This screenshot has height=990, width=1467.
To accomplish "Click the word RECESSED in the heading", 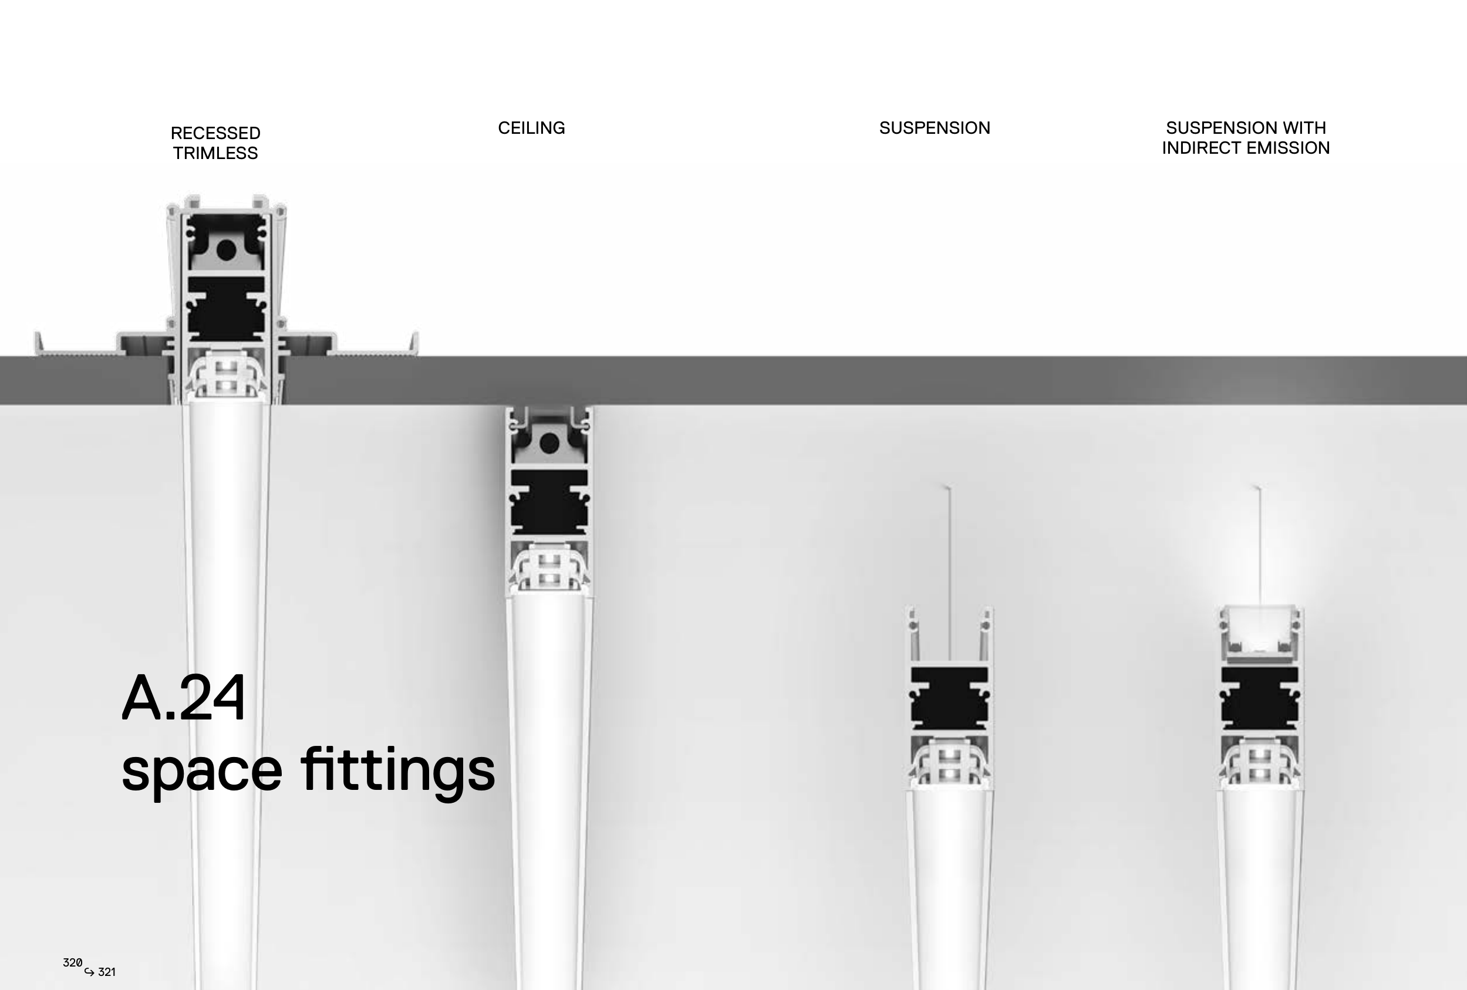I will [x=215, y=133].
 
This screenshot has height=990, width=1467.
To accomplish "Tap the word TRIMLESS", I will [x=215, y=153].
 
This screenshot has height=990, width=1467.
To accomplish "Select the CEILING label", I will [x=531, y=128].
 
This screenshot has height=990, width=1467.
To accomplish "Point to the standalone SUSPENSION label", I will [x=934, y=128].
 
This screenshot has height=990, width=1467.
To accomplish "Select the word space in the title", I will [x=201, y=771].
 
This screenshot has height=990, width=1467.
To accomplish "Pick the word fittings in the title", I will [x=397, y=770].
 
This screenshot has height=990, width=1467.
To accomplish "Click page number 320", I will [x=73, y=962].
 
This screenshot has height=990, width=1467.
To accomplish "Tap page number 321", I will [x=107, y=972].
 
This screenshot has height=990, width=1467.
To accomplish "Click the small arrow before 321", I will [x=89, y=972].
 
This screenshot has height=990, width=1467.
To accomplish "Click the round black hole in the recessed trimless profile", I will [x=226, y=251].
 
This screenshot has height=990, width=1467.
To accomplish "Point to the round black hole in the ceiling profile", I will [x=549, y=444].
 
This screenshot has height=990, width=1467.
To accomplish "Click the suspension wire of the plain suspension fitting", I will [x=950, y=568].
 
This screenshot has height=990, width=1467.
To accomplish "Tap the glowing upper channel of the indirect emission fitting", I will [x=1260, y=633].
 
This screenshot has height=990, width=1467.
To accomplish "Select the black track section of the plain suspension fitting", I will [x=949, y=697].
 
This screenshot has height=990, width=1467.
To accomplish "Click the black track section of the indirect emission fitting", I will [x=1260, y=697].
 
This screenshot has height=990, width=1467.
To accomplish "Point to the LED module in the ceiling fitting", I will [x=549, y=570].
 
